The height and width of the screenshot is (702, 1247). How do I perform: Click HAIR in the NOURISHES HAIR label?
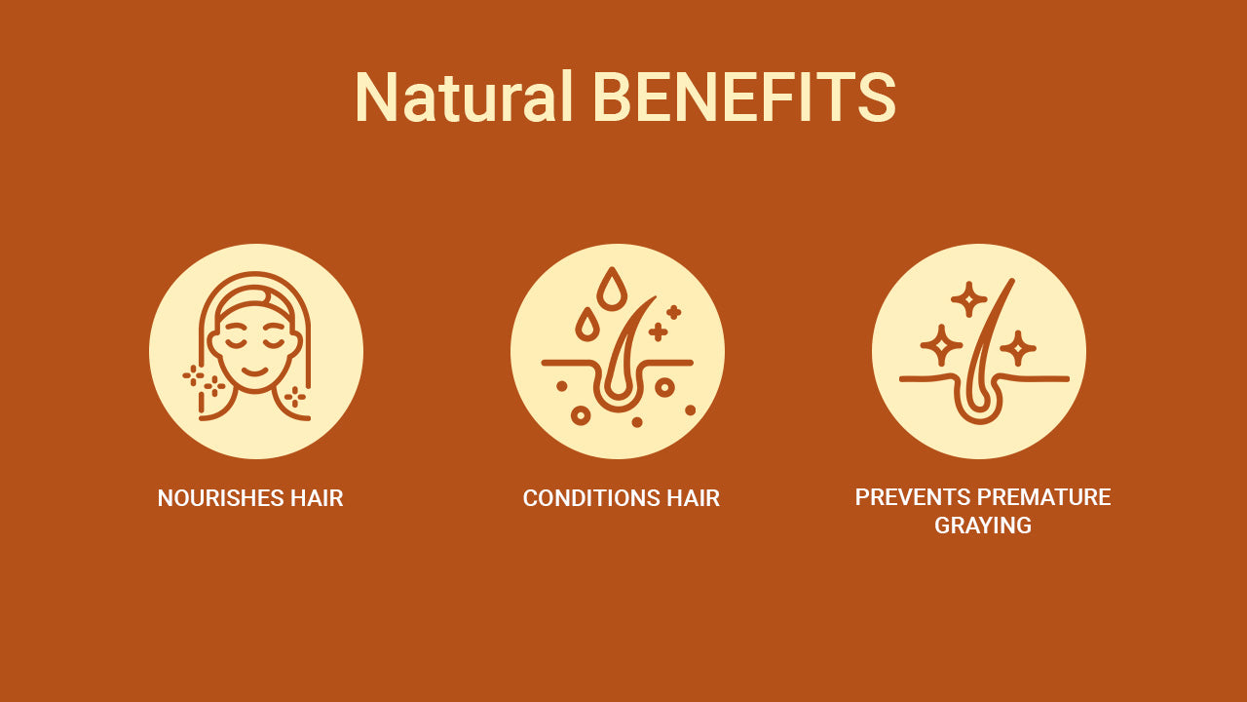[317, 498]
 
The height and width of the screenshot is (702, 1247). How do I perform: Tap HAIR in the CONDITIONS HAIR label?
[693, 498]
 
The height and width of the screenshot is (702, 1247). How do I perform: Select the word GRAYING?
[983, 526]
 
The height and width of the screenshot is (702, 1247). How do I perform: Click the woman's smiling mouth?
[254, 371]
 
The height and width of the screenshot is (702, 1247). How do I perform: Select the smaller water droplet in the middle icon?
[586, 324]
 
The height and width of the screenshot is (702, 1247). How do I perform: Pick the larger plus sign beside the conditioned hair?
[659, 332]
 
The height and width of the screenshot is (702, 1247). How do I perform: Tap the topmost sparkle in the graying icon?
[968, 298]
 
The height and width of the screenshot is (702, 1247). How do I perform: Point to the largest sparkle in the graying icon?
[940, 345]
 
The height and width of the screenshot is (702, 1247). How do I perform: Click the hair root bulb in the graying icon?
[977, 405]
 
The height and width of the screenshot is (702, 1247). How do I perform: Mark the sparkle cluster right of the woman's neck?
[294, 396]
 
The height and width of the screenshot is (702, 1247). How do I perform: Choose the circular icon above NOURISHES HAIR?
[256, 351]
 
